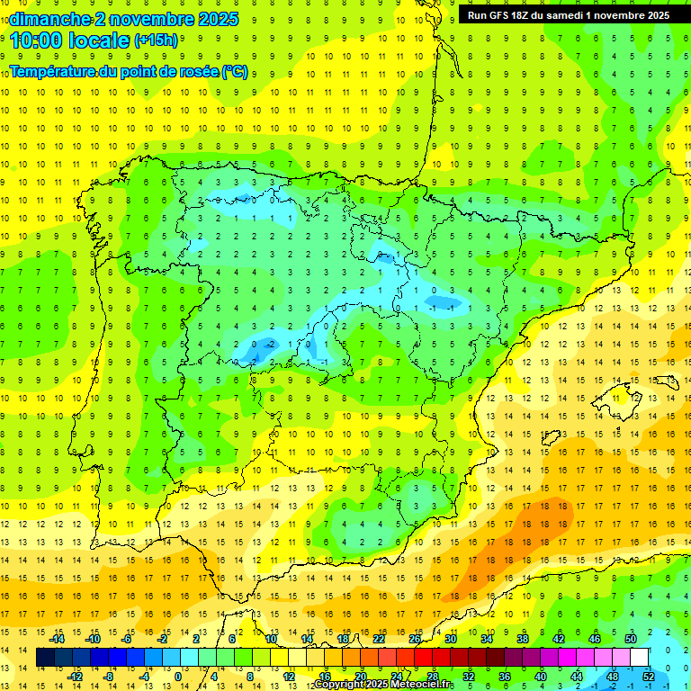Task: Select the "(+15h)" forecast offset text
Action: point(157,40)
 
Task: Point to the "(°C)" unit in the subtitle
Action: point(235,72)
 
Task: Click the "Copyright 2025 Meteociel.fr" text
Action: point(384,685)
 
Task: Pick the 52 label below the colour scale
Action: point(649,676)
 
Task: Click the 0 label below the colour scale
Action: point(177,676)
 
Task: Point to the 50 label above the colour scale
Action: point(631,639)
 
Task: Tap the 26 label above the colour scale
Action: point(415,639)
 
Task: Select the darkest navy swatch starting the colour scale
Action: point(44,658)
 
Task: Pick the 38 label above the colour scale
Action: point(523,639)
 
